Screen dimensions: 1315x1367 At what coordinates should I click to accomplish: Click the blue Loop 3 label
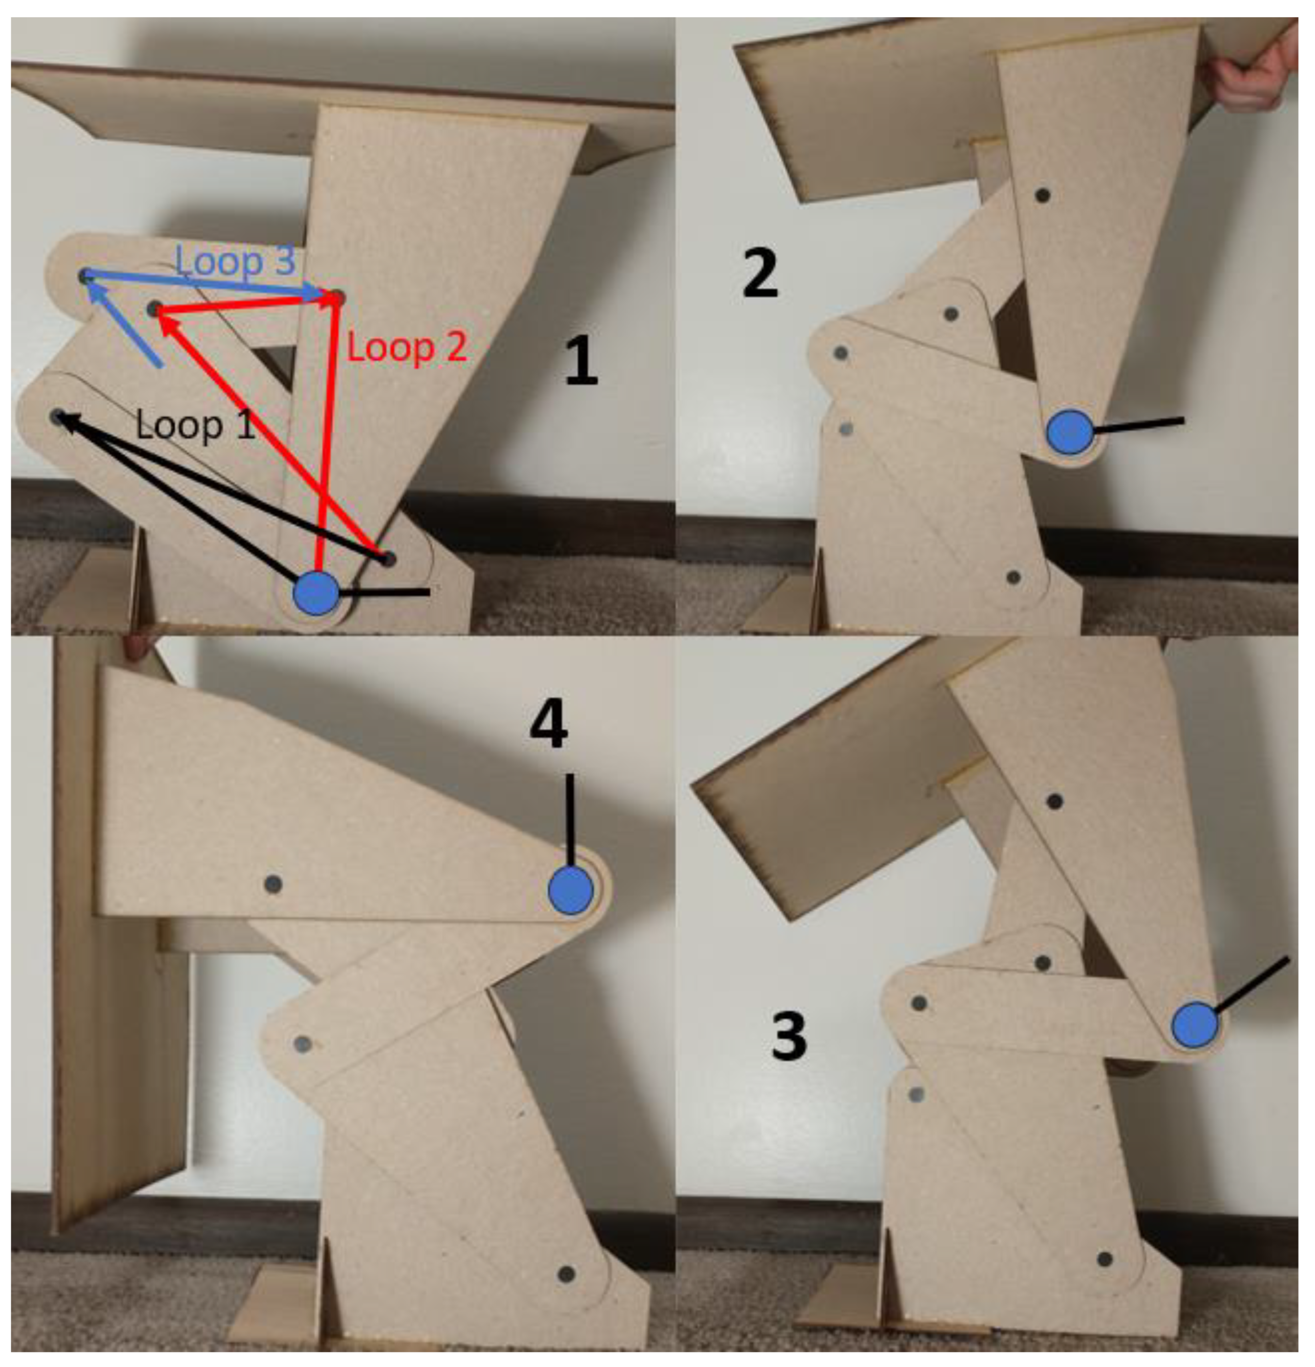tap(235, 261)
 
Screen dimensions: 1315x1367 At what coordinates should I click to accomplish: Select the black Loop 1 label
tap(196, 425)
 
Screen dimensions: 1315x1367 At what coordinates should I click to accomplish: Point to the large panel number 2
tap(759, 274)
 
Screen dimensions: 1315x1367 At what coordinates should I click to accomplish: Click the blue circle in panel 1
tap(316, 593)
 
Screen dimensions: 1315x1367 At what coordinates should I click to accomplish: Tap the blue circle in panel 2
tap(1069, 432)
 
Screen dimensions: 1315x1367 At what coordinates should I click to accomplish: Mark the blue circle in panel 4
tap(571, 891)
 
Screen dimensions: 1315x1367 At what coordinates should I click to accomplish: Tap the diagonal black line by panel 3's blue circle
tap(1251, 984)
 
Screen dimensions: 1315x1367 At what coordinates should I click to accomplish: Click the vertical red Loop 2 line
tap(328, 432)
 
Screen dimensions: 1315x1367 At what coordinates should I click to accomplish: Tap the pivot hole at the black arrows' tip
tap(57, 417)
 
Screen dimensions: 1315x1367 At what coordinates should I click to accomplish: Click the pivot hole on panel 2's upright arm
tap(1043, 196)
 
